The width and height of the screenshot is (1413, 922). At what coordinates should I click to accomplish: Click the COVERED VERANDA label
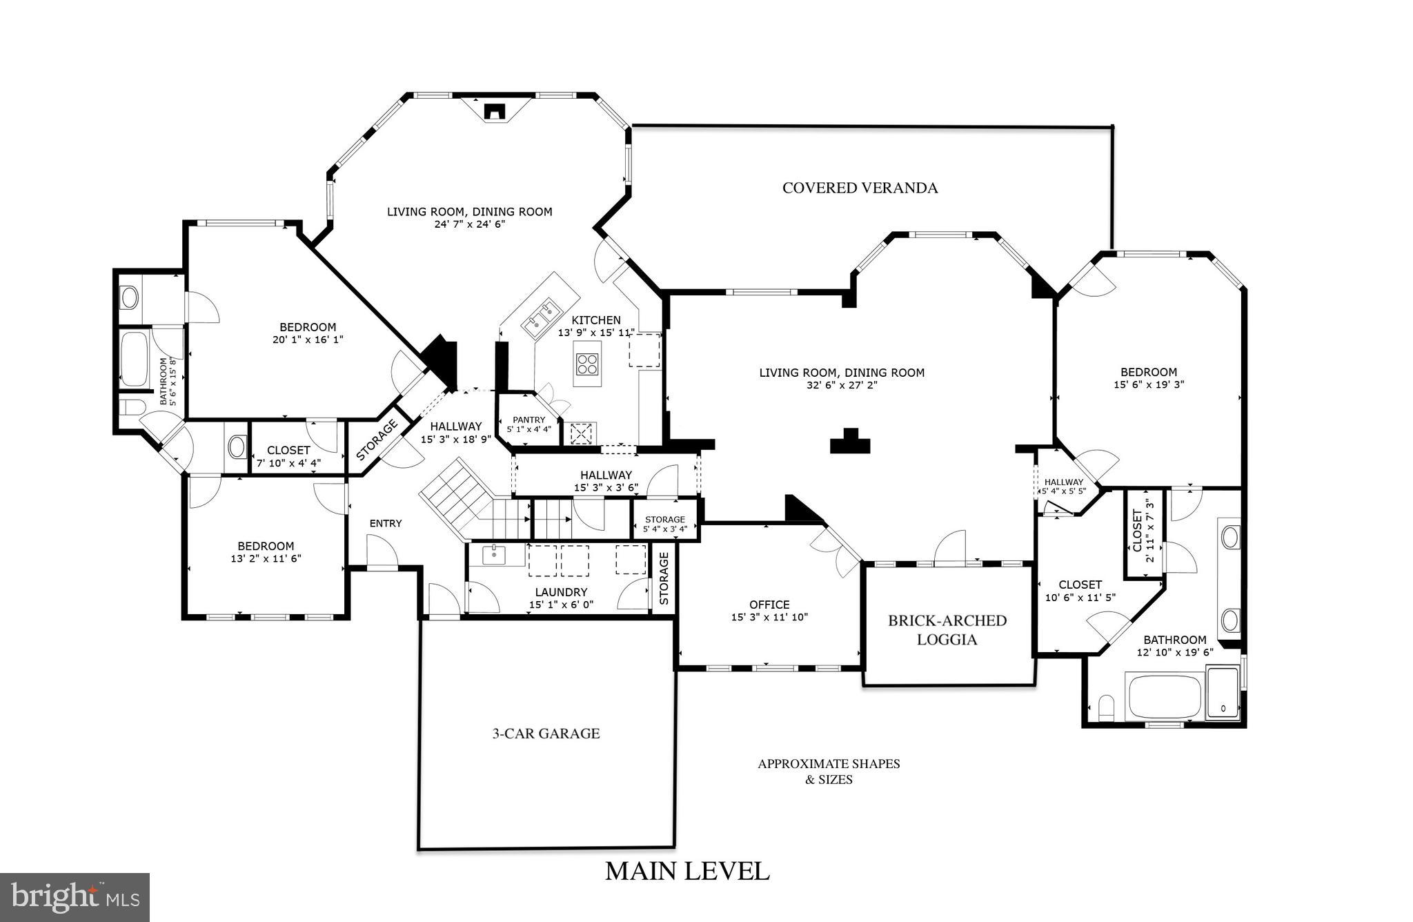coord(860,188)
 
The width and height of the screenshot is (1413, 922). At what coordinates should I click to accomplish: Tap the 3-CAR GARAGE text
coord(546,734)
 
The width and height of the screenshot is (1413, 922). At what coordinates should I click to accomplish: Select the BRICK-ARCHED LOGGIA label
coord(947,629)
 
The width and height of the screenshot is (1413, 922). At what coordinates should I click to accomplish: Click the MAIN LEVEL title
coord(687,871)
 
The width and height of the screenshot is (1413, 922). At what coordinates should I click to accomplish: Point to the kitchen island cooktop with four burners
coord(587,364)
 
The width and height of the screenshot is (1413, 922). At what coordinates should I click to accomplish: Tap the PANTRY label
coord(528,420)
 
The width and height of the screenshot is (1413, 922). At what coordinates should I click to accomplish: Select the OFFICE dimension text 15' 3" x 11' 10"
coord(769,617)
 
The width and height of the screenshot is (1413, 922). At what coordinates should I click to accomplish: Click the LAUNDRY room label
coord(561,592)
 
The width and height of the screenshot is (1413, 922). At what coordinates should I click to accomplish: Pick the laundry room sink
coord(494,555)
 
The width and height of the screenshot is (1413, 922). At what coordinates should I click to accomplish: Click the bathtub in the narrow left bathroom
coord(135,359)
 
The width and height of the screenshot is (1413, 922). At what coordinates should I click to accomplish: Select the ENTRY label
coord(386,523)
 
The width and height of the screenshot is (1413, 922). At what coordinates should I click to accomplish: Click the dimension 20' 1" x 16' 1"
coord(308,340)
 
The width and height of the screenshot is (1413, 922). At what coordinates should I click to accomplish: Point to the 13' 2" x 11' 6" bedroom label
coord(266,552)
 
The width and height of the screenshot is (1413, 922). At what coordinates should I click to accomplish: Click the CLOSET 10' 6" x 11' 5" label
coord(1080,591)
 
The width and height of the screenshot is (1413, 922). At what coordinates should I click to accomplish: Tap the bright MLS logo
coord(75,897)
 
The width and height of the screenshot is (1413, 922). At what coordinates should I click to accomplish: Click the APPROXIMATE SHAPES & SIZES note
coord(829,772)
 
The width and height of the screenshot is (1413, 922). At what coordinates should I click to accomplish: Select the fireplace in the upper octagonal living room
coord(495,111)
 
